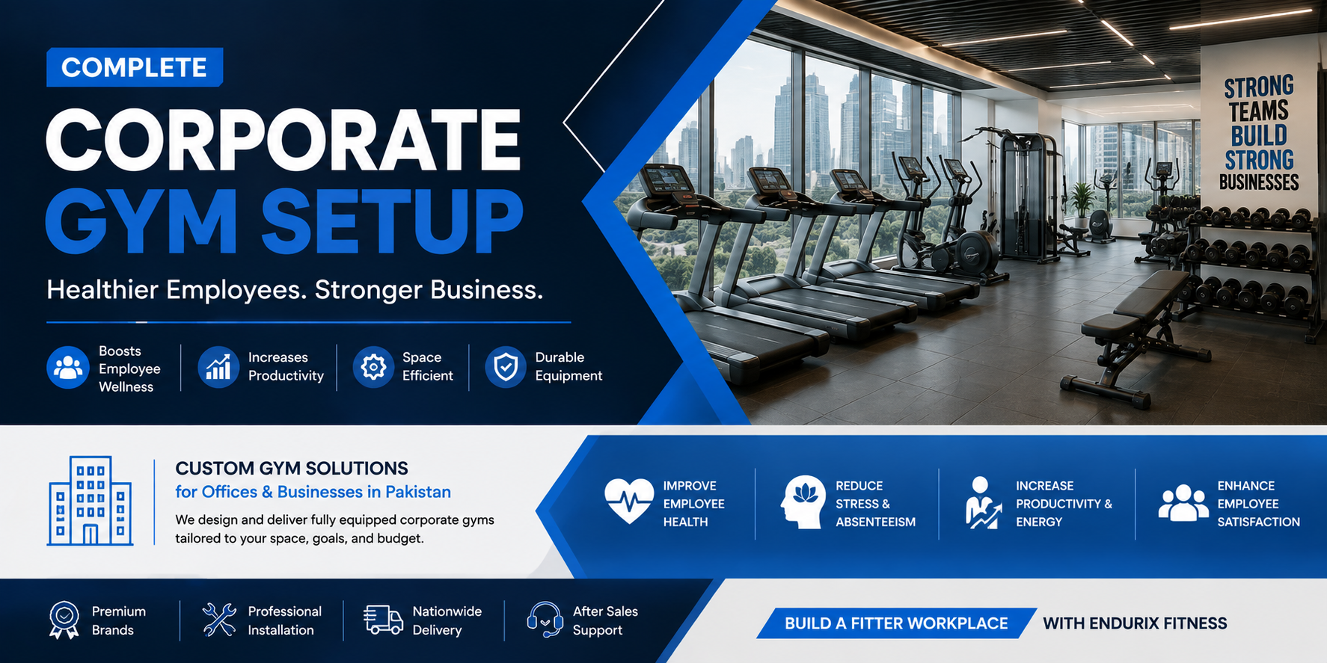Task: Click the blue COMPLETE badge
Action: point(135,67)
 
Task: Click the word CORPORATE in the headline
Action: point(284,140)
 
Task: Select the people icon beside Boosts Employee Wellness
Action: point(68,368)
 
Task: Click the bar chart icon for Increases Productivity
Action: point(218,367)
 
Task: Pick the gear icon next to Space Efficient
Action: point(373,367)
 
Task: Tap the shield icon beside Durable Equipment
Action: point(506,367)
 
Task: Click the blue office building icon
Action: point(91,501)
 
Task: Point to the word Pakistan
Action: point(418,492)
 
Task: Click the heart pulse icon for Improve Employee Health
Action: point(629,500)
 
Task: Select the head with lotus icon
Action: point(803,502)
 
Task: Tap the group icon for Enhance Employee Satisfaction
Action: point(1183,502)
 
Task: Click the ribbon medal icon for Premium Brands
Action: point(64,620)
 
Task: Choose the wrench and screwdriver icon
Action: point(219,620)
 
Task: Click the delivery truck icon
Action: point(383,620)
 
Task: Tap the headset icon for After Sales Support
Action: point(545,620)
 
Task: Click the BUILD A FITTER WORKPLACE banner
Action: point(896,623)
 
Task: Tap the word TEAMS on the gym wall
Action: point(1259,111)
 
